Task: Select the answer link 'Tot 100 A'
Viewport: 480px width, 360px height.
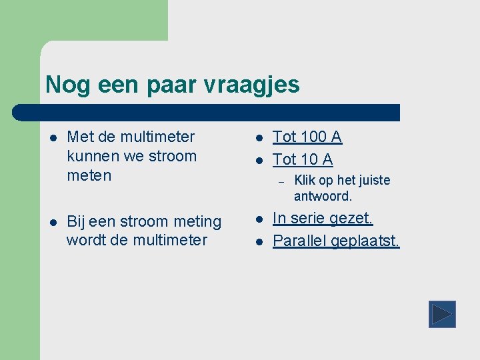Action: (307, 137)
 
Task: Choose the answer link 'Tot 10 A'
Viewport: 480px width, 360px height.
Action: (303, 159)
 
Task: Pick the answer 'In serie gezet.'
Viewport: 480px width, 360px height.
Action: (323, 218)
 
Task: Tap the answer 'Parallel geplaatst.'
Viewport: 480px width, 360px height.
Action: (336, 241)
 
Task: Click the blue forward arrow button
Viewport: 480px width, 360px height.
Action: (442, 314)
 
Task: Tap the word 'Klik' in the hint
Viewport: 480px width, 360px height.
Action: (304, 180)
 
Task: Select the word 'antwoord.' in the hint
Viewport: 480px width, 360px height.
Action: (323, 197)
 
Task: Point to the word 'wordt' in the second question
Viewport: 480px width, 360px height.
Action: (84, 240)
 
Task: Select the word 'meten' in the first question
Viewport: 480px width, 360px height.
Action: (89, 176)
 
